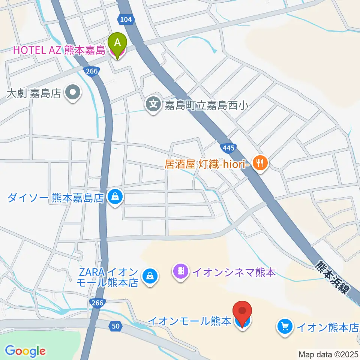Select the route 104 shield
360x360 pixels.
(x=126, y=19)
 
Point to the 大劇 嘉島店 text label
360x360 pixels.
(x=34, y=93)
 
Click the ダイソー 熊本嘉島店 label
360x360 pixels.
(x=55, y=198)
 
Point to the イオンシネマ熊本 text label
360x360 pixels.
(x=234, y=272)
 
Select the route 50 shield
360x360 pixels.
(x=116, y=327)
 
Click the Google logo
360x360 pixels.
(x=25, y=351)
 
